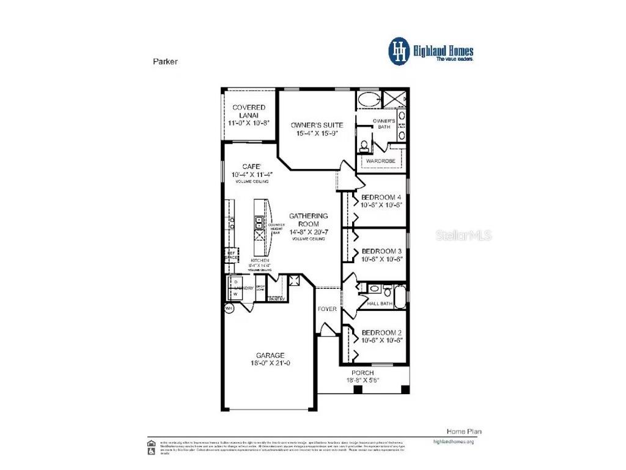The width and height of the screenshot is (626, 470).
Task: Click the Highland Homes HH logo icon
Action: click(400, 51)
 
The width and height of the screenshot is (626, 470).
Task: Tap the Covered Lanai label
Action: click(249, 111)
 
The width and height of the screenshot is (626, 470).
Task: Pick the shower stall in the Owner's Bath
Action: click(394, 98)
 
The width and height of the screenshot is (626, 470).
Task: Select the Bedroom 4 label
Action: click(381, 197)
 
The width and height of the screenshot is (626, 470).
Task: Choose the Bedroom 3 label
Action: click(381, 251)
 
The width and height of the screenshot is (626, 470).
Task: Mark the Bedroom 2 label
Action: click(381, 333)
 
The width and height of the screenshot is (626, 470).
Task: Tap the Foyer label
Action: click(327, 310)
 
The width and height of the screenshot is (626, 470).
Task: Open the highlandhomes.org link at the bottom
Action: click(453, 441)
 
